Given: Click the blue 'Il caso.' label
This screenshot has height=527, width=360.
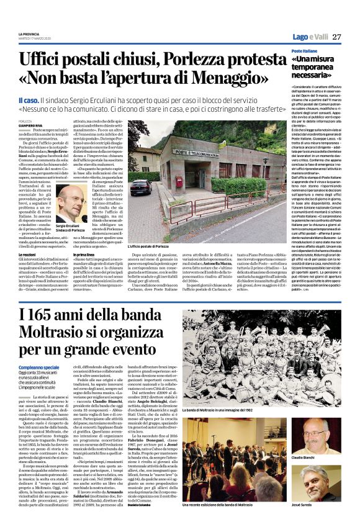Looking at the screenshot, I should click(x=30, y=99).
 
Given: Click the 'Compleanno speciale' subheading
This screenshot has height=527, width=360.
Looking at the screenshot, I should click(x=38, y=368).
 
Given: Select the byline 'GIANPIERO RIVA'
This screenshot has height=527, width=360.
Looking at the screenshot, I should click(x=31, y=125).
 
